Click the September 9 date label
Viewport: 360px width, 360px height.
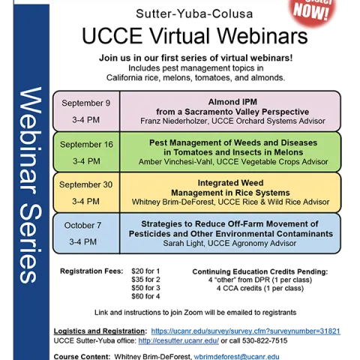coord(85,103)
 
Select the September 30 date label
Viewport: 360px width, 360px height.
coord(85,185)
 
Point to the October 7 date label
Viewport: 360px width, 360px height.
coord(82,226)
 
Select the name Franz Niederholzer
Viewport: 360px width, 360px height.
coord(175,121)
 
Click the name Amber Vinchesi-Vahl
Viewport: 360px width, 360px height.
coord(178,161)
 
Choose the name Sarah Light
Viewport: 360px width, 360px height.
coord(183,243)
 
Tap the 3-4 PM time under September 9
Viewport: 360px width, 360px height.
coord(85,120)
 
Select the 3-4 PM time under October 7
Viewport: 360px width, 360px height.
coord(82,242)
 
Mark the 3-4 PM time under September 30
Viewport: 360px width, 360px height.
coord(85,202)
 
